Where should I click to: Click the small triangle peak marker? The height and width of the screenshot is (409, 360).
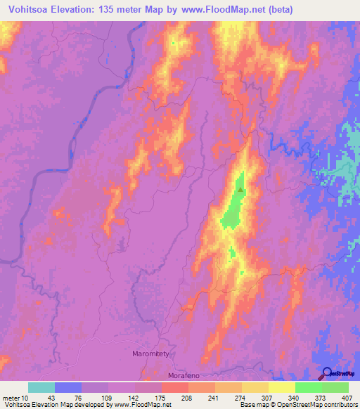pyautogui.click(x=241, y=188)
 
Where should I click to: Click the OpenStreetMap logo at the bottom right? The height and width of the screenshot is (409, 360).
pyautogui.click(x=338, y=374)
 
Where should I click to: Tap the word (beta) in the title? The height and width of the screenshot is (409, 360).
pyautogui.click(x=278, y=10)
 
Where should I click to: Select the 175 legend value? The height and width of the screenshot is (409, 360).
pyautogui.click(x=159, y=397)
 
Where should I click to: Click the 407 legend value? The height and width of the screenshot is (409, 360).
pyautogui.click(x=346, y=397)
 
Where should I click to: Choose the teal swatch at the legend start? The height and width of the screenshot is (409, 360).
pyautogui.click(x=41, y=387)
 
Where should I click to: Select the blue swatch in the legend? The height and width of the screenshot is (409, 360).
pyautogui.click(x=68, y=387)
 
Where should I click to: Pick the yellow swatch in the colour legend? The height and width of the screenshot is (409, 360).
pyautogui.click(x=282, y=387)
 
